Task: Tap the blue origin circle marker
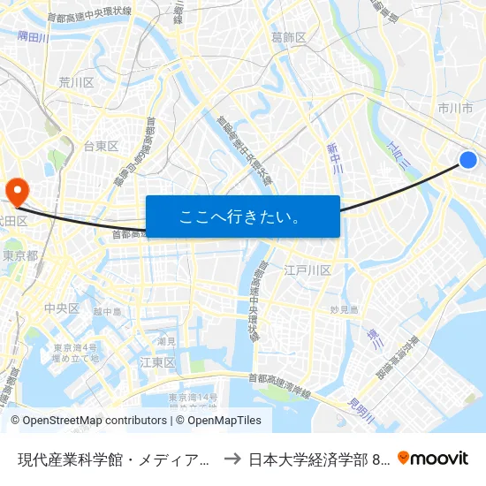click(x=468, y=159)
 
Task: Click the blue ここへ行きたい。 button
click(x=242, y=216)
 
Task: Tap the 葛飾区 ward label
click(x=289, y=37)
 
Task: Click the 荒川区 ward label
click(x=76, y=82)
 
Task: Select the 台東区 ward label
click(x=101, y=146)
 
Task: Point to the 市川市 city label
click(x=456, y=108)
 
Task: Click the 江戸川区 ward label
click(x=308, y=270)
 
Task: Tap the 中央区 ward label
click(x=62, y=308)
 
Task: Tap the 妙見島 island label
click(x=344, y=310)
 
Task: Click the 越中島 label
click(x=107, y=311)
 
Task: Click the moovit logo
click(x=433, y=458)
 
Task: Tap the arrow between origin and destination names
click(x=232, y=459)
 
